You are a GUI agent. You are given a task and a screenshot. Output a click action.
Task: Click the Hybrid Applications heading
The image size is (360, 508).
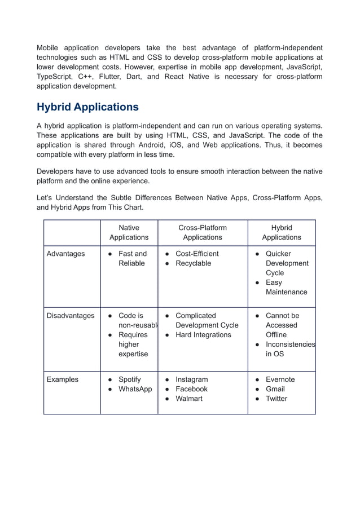[87, 107]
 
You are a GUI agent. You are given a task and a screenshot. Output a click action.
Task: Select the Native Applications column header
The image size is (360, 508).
[129, 232]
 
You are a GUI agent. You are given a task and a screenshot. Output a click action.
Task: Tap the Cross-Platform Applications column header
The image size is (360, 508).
[203, 232]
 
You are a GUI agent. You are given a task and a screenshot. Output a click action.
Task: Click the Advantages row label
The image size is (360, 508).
[65, 254]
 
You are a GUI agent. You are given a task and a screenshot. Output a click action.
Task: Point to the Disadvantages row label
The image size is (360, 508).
[70, 316]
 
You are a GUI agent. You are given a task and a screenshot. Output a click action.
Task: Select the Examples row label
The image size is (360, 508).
[62, 379]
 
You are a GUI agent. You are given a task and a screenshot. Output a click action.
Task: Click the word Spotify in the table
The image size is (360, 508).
[130, 379]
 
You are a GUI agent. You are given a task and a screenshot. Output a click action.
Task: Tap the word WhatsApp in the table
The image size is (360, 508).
[135, 389]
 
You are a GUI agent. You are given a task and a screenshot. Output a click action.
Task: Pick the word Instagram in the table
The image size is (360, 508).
[191, 379]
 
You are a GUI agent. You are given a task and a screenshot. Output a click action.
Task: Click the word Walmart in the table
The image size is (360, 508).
[190, 399]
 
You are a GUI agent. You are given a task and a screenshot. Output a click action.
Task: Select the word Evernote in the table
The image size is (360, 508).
[280, 379]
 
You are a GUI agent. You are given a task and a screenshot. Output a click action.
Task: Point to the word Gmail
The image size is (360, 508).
[275, 389]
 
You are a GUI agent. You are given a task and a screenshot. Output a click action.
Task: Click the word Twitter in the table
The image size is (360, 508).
[276, 399]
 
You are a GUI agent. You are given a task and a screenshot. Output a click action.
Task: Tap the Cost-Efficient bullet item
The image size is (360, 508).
[197, 254]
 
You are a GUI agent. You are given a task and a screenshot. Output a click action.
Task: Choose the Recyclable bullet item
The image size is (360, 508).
[193, 263]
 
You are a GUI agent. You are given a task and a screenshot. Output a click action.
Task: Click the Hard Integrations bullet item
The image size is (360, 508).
[203, 335]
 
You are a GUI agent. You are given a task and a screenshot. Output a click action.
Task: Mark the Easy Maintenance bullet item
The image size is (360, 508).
[286, 287]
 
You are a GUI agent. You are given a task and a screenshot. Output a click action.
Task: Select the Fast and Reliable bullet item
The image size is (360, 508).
[132, 258]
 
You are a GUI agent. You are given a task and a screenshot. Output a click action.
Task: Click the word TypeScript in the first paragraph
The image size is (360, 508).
[55, 76]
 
